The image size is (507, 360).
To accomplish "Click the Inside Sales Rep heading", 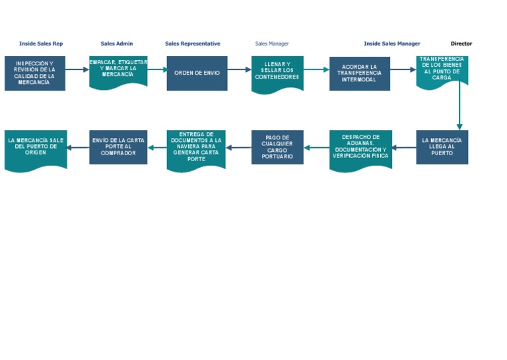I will (x=41, y=44).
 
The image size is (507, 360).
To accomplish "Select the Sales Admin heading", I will (x=117, y=44).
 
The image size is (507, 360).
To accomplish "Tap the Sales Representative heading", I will (x=193, y=44).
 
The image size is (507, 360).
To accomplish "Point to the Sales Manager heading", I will (x=272, y=44).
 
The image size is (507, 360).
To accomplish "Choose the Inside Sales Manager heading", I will (x=391, y=44).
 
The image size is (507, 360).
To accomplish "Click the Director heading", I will (x=461, y=44).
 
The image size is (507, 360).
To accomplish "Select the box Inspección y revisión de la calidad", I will (x=35, y=73).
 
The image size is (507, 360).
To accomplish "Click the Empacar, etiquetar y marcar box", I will (x=118, y=71).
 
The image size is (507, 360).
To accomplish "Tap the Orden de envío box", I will (x=197, y=73).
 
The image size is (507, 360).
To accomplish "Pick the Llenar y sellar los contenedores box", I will (x=277, y=71).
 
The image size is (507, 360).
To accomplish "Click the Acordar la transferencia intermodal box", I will (x=360, y=73).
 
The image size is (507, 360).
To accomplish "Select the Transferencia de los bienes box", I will (x=442, y=70).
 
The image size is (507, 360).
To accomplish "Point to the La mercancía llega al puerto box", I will (x=442, y=147).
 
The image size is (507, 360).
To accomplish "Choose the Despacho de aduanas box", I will (x=360, y=149).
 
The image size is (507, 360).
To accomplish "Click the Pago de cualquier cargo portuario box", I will (x=277, y=147).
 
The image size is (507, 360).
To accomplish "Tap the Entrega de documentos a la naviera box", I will (x=196, y=149).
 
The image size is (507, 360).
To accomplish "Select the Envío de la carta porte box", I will (x=118, y=147).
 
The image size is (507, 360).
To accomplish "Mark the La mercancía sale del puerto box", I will (x=35, y=149).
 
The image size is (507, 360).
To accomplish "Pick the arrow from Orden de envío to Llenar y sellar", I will (x=239, y=69).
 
